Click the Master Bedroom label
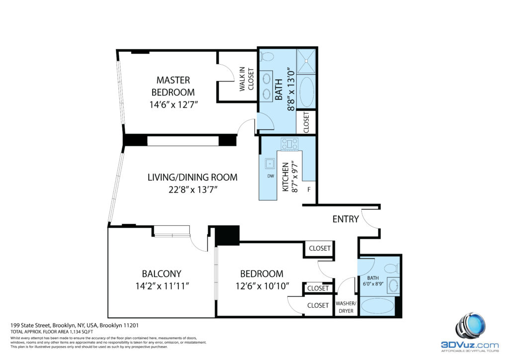(x=173, y=86)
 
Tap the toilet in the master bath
(x=266, y=57)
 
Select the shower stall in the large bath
(x=306, y=61)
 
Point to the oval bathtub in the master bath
(x=306, y=91)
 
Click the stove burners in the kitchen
(x=290, y=144)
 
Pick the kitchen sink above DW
(x=270, y=164)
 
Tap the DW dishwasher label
(x=270, y=176)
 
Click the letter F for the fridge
(x=309, y=189)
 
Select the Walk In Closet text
(x=247, y=79)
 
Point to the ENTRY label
(x=345, y=219)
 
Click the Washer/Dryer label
(x=346, y=307)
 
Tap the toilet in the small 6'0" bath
(x=392, y=269)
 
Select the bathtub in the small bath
(x=378, y=305)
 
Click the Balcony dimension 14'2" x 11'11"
(x=162, y=286)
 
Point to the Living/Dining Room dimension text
(x=192, y=189)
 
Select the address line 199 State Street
(x=75, y=325)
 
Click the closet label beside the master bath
(x=306, y=122)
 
